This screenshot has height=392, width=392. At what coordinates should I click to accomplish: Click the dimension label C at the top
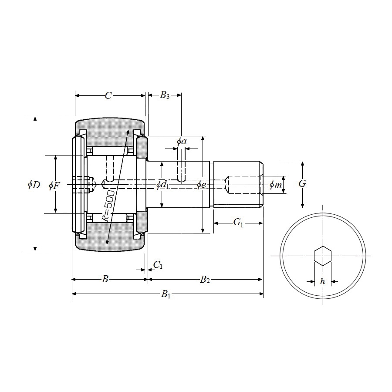click(x=108, y=95)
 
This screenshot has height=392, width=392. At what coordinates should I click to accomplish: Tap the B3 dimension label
click(x=165, y=95)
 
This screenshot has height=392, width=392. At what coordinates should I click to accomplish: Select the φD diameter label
click(x=34, y=185)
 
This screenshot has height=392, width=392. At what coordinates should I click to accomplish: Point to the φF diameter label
click(x=54, y=186)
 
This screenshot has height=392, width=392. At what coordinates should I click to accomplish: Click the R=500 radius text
click(x=109, y=206)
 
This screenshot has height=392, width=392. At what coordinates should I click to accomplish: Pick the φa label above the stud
click(x=182, y=142)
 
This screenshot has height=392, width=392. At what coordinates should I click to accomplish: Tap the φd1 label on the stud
click(x=162, y=185)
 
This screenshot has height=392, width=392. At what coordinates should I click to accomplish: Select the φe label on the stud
click(x=201, y=185)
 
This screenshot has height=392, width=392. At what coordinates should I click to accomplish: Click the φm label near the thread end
click(x=276, y=185)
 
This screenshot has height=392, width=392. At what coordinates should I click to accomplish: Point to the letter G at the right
click(x=302, y=184)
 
